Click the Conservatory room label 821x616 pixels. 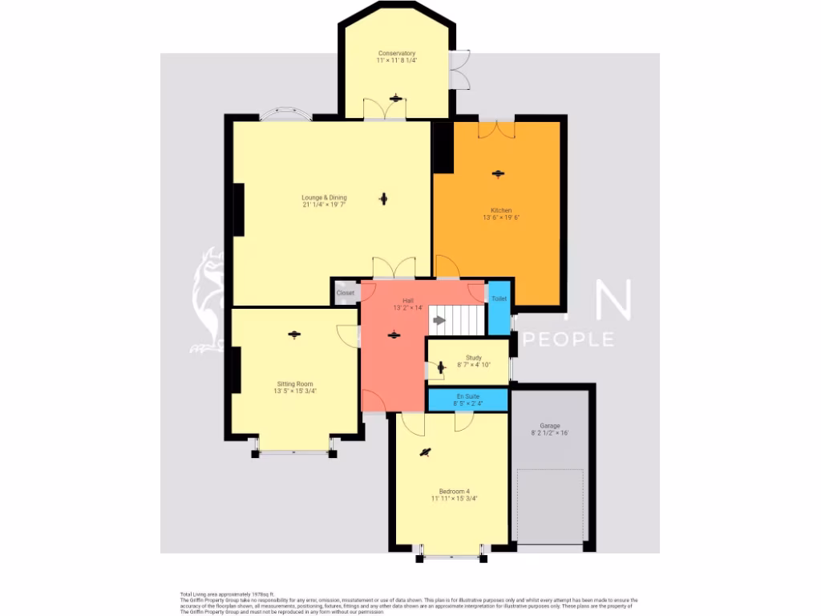tap(396, 53)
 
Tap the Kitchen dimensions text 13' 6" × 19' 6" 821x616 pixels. tap(501, 217)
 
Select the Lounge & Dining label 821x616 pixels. tap(324, 197)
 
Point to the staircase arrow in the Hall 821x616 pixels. tap(439, 320)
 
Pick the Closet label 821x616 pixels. tap(346, 294)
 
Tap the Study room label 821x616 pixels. tap(473, 358)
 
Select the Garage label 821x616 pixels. tap(549, 426)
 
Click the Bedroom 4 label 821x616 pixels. tap(454, 491)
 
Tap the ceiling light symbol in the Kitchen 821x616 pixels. tap(499, 173)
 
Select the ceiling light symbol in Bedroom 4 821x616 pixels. tap(425, 453)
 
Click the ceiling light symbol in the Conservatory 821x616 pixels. tap(395, 98)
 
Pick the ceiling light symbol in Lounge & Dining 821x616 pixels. tap(384, 198)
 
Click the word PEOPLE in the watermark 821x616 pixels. tap(569, 339)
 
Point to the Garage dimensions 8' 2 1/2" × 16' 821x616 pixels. tap(549, 433)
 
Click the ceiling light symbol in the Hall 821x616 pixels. tap(393, 335)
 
